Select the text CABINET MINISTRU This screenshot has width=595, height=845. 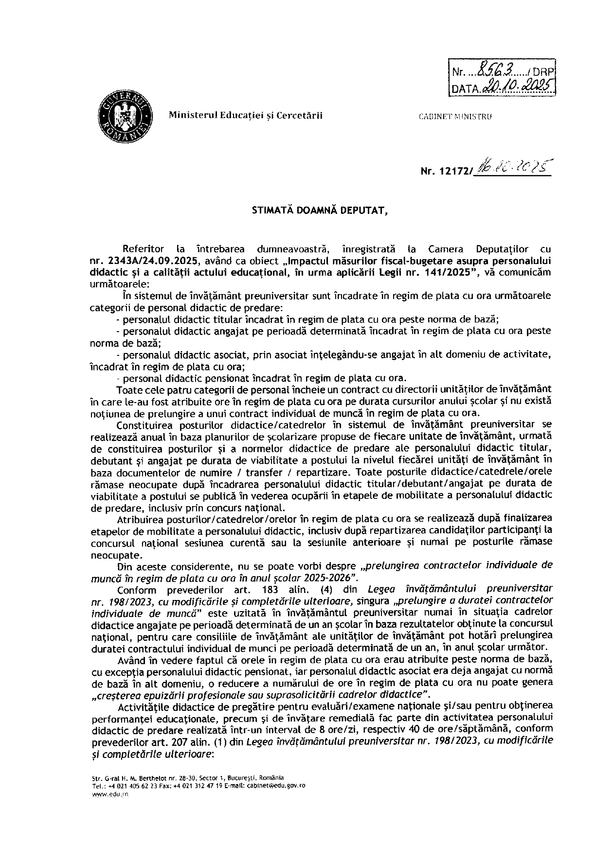click(x=455, y=117)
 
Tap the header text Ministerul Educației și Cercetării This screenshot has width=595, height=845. click(x=245, y=115)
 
